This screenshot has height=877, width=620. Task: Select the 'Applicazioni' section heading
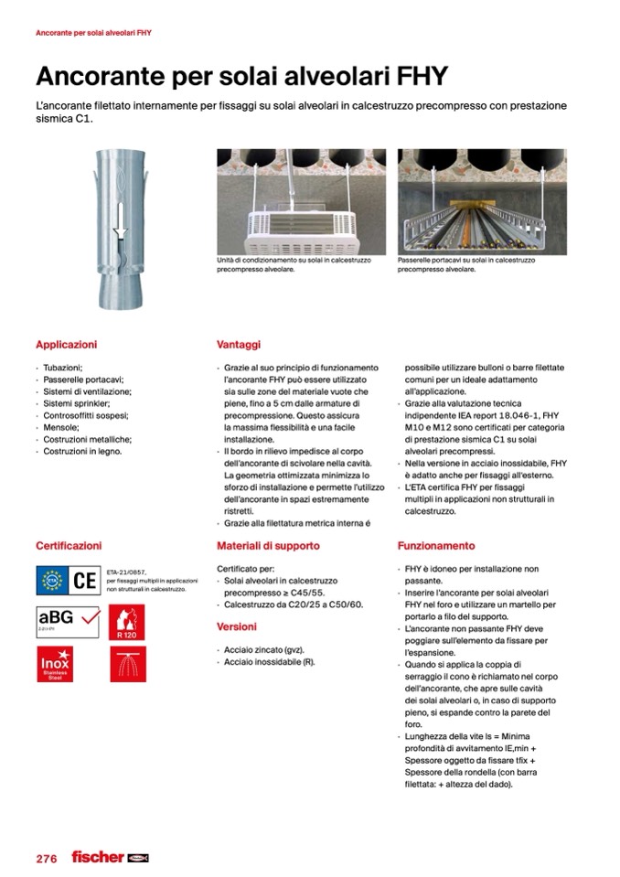(66, 346)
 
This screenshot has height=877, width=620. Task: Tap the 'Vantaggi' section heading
(239, 346)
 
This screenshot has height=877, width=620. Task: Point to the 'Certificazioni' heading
(69, 546)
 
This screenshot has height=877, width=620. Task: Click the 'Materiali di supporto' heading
(268, 546)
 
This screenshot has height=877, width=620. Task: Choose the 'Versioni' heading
(237, 627)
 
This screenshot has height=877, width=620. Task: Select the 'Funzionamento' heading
(436, 546)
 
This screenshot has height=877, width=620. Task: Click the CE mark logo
(84, 580)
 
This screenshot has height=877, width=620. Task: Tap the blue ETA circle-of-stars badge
(51, 580)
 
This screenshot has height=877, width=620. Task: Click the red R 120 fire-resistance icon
(127, 622)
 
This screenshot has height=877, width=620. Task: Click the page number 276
(47, 859)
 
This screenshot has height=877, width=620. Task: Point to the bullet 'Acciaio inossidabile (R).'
(270, 662)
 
